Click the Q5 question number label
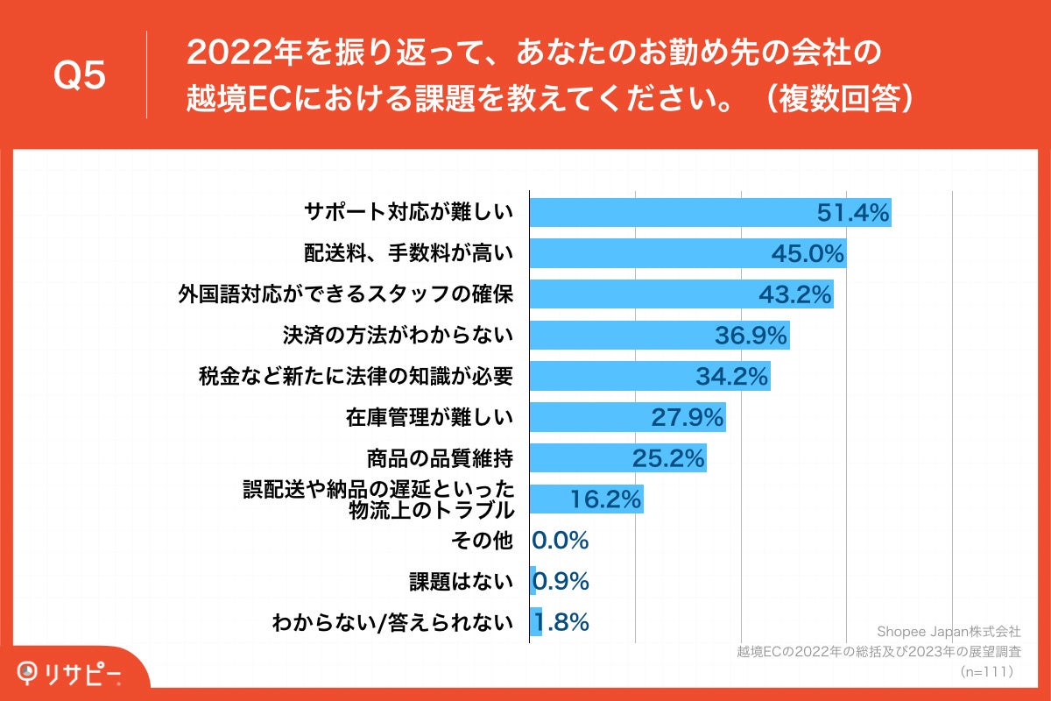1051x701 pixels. [80, 75]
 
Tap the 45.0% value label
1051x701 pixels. [808, 254]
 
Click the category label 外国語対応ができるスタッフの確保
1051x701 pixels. [345, 294]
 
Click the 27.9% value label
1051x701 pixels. [688, 418]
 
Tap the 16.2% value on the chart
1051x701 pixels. [607, 499]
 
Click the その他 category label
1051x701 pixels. [481, 541]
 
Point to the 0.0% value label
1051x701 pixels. [561, 541]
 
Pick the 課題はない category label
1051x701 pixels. [461, 582]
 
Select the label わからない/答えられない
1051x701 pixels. [391, 623]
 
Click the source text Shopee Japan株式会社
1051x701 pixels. [949, 631]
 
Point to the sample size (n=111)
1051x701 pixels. [986, 671]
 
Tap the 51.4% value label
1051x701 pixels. [853, 213]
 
